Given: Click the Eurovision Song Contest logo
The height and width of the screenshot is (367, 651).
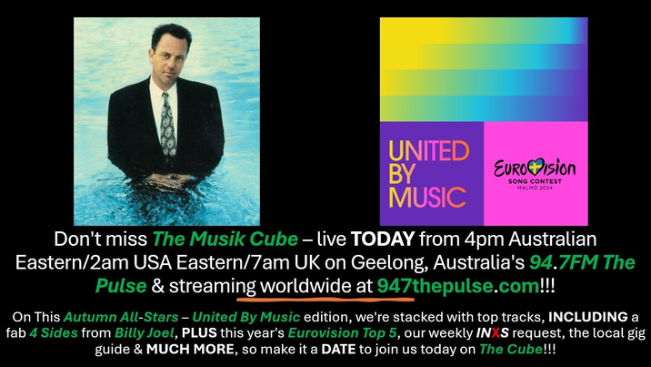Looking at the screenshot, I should [x=535, y=174].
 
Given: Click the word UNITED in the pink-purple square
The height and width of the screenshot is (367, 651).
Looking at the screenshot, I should [x=427, y=151].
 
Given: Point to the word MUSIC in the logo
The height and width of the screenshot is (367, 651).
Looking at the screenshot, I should [x=426, y=197].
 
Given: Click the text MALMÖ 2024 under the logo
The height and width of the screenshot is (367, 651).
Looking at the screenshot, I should [x=535, y=189].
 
